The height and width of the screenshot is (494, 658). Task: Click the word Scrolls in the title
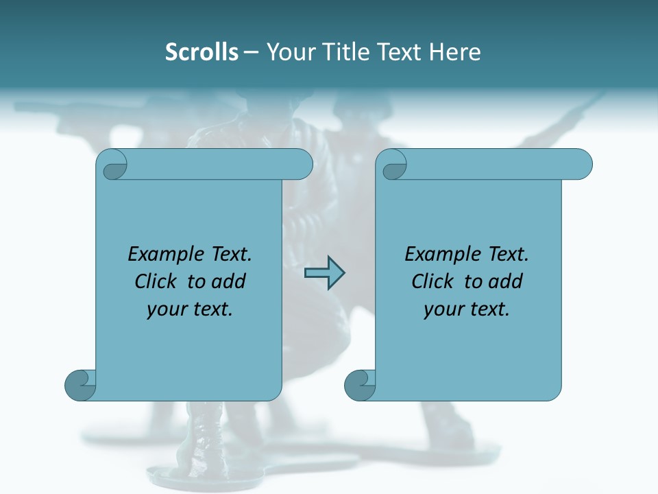(x=202, y=52)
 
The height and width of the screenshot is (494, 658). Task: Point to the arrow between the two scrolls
(x=324, y=273)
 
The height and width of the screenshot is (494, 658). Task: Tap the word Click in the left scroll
(x=156, y=281)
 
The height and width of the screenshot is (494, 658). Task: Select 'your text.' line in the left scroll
(x=190, y=309)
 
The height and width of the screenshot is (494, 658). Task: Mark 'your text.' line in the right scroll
(x=467, y=309)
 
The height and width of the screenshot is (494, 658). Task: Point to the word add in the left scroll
(x=229, y=281)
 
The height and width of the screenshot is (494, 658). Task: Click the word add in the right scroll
(x=506, y=281)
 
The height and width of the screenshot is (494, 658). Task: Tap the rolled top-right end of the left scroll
(x=299, y=165)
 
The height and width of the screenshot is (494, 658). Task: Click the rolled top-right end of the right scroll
(x=578, y=165)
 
